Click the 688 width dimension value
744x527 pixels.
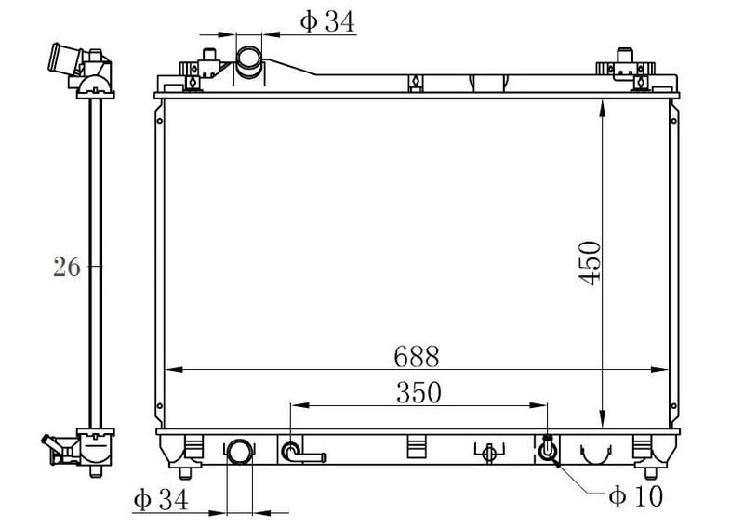(x=416, y=356)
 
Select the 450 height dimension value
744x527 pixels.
(x=590, y=263)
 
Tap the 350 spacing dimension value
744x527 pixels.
(x=418, y=392)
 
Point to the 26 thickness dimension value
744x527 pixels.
(x=66, y=267)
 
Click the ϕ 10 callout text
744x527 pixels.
(x=635, y=496)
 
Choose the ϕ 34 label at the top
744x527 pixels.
(x=327, y=21)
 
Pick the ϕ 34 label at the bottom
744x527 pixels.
(x=160, y=499)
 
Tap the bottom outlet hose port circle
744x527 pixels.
(x=240, y=451)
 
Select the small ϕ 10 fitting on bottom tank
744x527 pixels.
(x=547, y=449)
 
